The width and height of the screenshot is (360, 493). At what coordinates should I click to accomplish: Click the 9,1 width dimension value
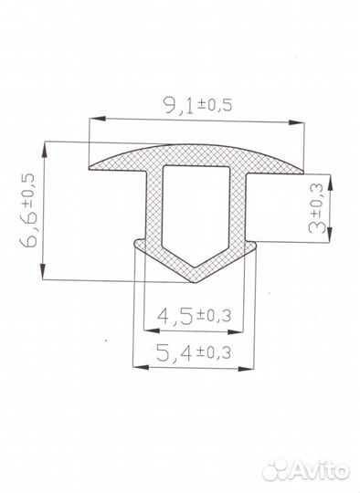pos(178,105)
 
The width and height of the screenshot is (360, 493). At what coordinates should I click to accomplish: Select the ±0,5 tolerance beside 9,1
pos(215,105)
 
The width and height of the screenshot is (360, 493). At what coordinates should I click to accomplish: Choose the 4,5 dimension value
pos(175,315)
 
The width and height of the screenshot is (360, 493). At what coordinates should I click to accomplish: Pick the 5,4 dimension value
pos(174,352)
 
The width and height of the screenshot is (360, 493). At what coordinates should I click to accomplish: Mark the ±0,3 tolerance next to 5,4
pos(214,353)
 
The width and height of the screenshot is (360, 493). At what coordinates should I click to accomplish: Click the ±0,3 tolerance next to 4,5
pos(214,315)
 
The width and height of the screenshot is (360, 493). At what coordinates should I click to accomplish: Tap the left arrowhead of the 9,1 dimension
pos(97,119)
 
